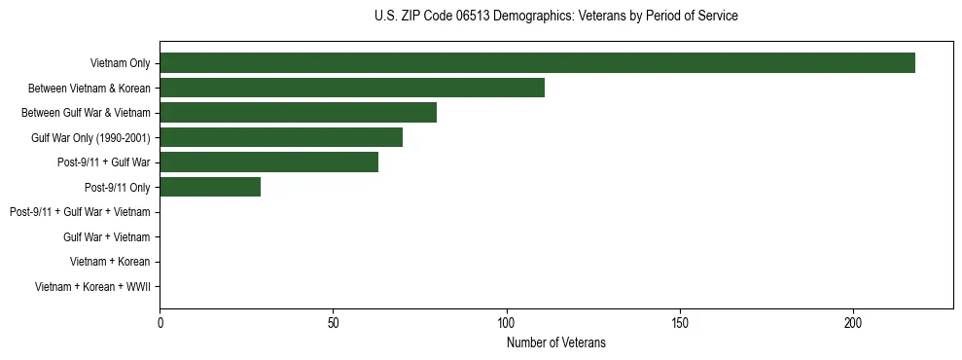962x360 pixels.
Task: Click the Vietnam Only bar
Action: point(537,63)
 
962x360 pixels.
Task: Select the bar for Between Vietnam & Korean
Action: point(352,88)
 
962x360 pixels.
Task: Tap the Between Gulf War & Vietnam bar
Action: point(298,113)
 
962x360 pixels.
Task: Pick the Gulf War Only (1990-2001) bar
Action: point(281,137)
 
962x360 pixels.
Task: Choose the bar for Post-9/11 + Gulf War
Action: point(268,162)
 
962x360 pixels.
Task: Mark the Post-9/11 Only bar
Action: point(210,187)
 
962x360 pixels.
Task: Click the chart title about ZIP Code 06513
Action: point(555,17)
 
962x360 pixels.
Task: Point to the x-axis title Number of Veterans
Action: point(555,342)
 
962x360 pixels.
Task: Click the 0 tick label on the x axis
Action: point(160,322)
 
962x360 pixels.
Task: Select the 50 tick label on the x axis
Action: point(333,322)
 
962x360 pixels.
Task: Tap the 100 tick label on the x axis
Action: point(507,322)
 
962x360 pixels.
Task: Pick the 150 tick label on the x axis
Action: point(680,322)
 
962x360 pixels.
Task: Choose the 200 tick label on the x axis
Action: point(853,322)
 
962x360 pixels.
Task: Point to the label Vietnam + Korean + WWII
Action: point(92,286)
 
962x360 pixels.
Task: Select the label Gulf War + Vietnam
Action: point(106,236)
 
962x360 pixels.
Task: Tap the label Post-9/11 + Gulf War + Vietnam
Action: point(80,212)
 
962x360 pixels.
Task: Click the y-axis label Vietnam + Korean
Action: point(110,262)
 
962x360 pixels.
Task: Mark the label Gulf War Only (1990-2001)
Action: point(90,138)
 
